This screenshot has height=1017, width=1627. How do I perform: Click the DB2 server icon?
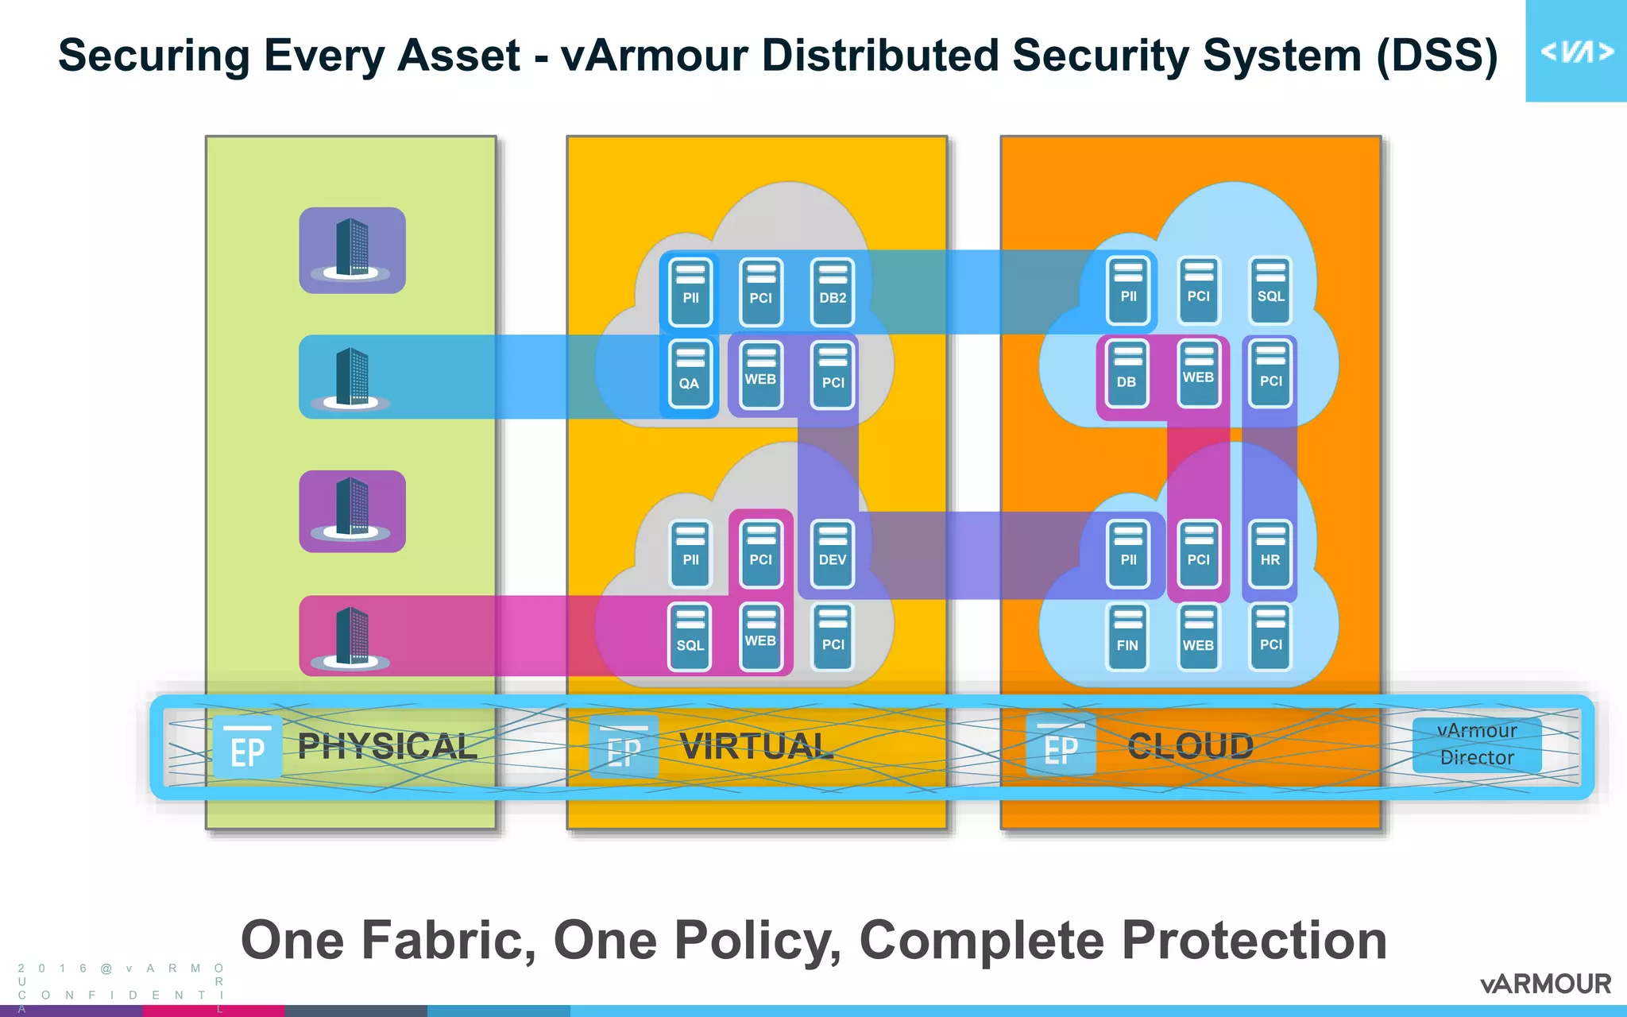(x=833, y=292)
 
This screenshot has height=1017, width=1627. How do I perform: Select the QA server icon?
(x=690, y=374)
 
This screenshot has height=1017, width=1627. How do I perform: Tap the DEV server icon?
(x=833, y=554)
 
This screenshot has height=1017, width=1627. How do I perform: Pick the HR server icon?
(x=1270, y=554)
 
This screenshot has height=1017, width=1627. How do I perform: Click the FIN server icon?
(x=1127, y=637)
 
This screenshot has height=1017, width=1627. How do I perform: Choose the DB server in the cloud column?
(x=1127, y=374)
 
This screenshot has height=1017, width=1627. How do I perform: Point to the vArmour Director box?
(x=1477, y=744)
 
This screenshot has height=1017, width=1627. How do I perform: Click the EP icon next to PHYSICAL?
(x=247, y=748)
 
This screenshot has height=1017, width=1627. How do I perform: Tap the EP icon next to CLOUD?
(x=1061, y=746)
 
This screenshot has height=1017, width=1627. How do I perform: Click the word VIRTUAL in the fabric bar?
(x=756, y=746)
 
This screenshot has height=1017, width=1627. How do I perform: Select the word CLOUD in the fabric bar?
(x=1190, y=746)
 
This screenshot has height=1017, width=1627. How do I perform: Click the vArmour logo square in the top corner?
(x=1575, y=51)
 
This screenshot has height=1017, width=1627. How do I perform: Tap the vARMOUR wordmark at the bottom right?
(x=1545, y=984)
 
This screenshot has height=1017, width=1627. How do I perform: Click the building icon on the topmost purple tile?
(x=352, y=249)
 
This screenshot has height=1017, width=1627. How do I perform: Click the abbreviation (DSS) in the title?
(x=1436, y=56)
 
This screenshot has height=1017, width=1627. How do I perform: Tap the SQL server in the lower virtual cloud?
(x=690, y=637)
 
